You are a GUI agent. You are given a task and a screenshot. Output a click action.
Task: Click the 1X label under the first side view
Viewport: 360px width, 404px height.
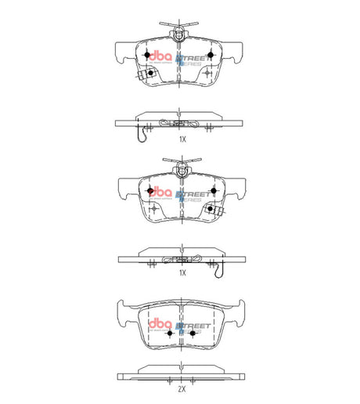pos(182,139)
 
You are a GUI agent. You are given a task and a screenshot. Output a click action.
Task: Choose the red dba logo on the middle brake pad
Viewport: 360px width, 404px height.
pos(163,192)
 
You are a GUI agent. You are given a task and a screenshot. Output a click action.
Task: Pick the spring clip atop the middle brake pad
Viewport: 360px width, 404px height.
pos(180,166)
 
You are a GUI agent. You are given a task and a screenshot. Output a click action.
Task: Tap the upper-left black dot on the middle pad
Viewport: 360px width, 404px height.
pos(149,191)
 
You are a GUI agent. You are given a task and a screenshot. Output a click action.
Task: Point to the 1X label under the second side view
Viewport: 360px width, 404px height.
pos(182,273)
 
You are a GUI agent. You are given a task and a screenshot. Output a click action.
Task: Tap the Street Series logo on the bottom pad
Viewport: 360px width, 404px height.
pos(190,328)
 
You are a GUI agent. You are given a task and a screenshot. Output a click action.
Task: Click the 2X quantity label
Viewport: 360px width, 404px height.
pos(182,388)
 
